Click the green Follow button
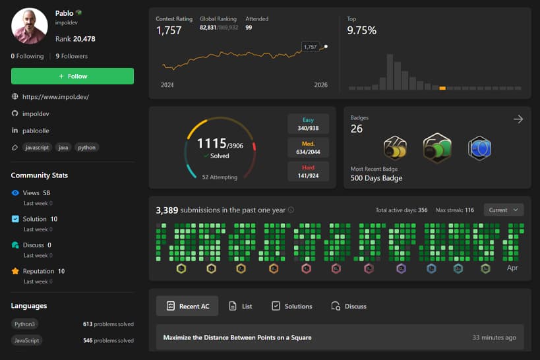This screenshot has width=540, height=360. pyautogui.click(x=73, y=76)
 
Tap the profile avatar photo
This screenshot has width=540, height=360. pyautogui.click(x=30, y=26)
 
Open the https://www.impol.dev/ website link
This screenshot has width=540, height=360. pyautogui.click(x=55, y=97)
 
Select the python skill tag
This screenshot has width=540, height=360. pyautogui.click(x=86, y=148)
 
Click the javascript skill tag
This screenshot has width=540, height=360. pyautogui.click(x=38, y=148)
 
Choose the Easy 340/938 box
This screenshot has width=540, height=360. pyautogui.click(x=308, y=124)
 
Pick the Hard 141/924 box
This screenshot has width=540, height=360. pyautogui.click(x=308, y=171)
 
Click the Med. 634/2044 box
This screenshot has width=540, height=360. pyautogui.click(x=308, y=148)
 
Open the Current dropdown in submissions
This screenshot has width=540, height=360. pyautogui.click(x=504, y=210)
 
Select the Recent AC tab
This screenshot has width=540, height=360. pyautogui.click(x=188, y=306)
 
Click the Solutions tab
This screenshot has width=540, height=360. pyautogui.click(x=291, y=306)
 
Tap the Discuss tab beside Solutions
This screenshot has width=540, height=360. pyautogui.click(x=349, y=306)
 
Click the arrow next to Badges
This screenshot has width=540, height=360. pyautogui.click(x=518, y=119)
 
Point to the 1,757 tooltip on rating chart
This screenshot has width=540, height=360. pyautogui.click(x=310, y=47)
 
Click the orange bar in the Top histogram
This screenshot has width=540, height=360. pyautogui.click(x=442, y=87)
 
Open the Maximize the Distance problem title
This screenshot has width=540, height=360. pyautogui.click(x=237, y=338)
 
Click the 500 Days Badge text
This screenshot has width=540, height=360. pyautogui.click(x=376, y=178)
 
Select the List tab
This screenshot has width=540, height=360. pyautogui.click(x=241, y=306)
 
